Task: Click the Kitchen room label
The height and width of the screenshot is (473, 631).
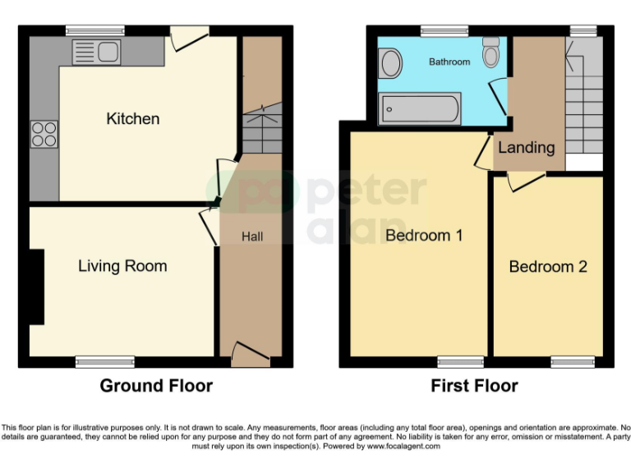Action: pos(133,119)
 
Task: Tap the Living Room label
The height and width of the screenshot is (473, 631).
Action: pos(122,266)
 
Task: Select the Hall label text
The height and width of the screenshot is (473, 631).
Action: pos(252,236)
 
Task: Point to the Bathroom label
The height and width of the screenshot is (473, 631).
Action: pos(449,62)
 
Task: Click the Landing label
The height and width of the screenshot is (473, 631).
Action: pos(526,148)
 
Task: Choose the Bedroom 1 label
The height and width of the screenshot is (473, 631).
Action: pos(424,236)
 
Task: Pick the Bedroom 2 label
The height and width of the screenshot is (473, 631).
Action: pos(548,267)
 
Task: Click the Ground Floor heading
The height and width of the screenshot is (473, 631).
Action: pos(156,386)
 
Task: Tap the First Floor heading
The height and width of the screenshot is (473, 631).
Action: pos(475,386)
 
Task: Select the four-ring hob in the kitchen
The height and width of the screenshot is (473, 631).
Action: pos(44,134)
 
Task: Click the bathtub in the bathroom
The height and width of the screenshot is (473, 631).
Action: pos(419,108)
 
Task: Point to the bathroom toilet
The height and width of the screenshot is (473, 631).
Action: pos(491,53)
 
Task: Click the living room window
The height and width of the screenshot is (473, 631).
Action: pos(104,361)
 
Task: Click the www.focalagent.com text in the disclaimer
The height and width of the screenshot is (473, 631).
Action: pos(403,447)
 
